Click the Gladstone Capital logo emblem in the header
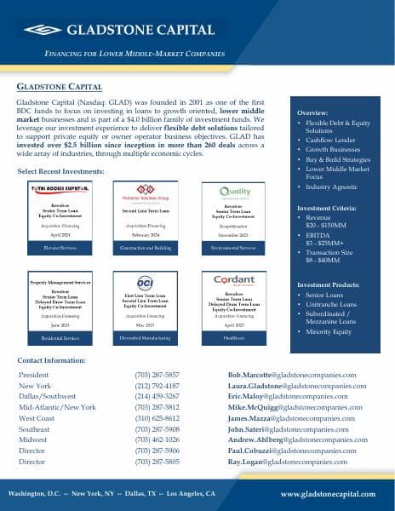coord(42,30)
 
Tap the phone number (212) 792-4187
coord(157,386)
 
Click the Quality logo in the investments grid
coord(236,192)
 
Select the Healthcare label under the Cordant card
coord(236,338)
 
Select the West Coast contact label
coord(37,418)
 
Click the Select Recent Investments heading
coord(60,171)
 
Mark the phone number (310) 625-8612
coord(157,418)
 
